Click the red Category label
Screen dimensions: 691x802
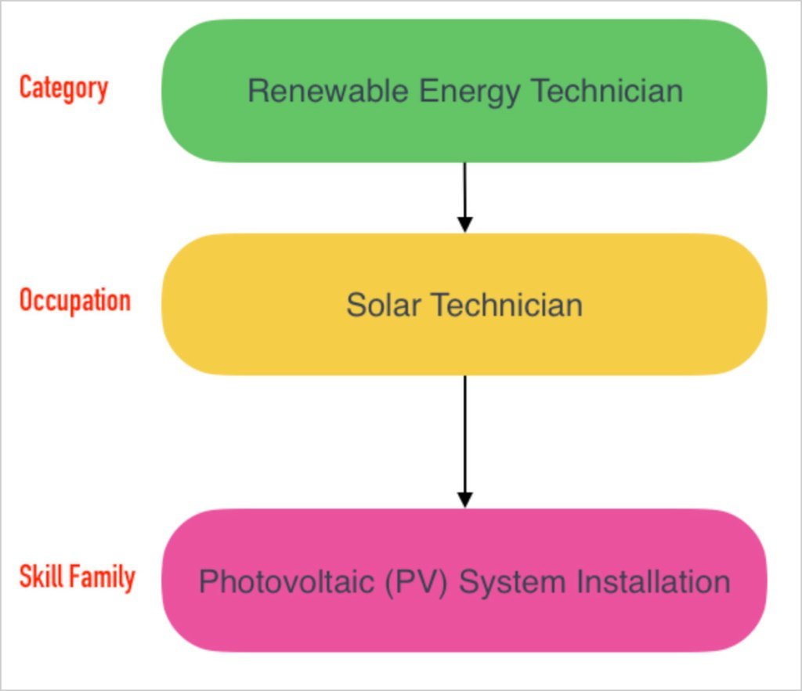pos(63,88)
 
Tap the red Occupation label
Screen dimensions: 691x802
pos(74,301)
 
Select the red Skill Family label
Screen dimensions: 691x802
pos(77,577)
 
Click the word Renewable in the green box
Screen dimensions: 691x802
pos(327,91)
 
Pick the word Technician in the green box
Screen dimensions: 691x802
pos(607,91)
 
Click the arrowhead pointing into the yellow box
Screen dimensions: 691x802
pos(464,224)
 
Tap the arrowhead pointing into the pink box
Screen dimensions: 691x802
pos(464,499)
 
